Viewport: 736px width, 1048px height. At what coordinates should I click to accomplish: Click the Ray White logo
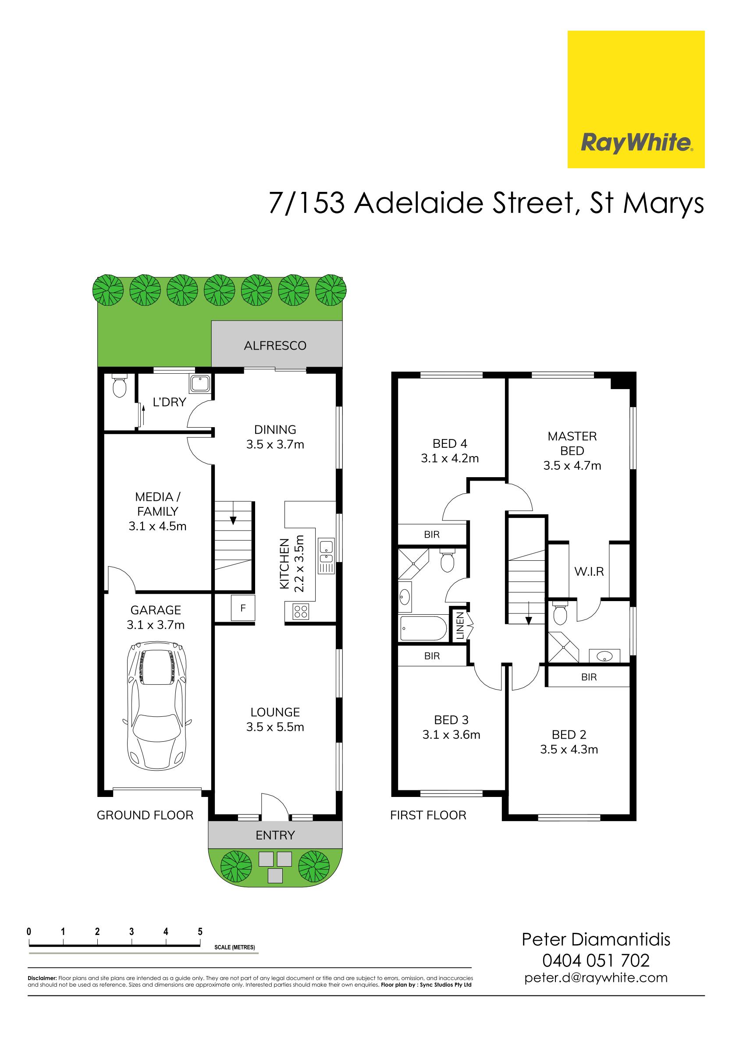click(x=636, y=99)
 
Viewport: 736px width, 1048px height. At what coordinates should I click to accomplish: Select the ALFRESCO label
click(x=275, y=346)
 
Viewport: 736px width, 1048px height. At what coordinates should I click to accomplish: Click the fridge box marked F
click(x=243, y=608)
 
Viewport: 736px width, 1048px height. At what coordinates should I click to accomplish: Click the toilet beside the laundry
click(x=120, y=386)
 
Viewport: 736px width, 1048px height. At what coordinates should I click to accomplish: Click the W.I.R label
click(x=589, y=571)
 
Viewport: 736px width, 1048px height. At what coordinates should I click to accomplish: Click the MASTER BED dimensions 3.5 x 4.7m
click(x=572, y=466)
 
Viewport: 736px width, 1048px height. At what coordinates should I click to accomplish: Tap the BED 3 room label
click(x=451, y=720)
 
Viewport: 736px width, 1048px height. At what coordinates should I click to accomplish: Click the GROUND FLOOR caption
click(x=145, y=815)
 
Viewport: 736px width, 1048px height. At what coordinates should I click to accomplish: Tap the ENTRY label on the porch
click(x=275, y=836)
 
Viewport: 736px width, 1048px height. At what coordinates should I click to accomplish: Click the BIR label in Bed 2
click(x=589, y=677)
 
